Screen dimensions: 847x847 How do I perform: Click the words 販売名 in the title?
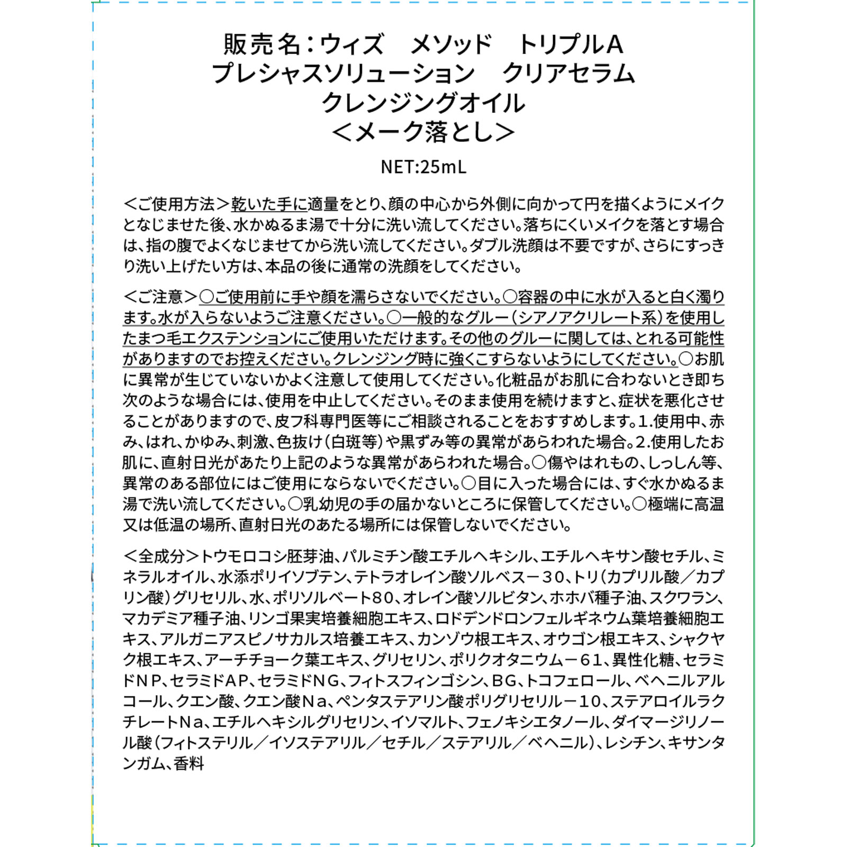(x=262, y=44)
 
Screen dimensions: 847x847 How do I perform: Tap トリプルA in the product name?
(x=570, y=44)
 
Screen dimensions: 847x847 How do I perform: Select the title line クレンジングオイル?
(x=424, y=103)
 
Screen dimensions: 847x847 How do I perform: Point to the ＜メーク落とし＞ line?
(x=424, y=132)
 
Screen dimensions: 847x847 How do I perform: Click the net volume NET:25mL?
(x=424, y=167)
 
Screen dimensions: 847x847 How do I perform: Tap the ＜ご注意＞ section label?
(x=161, y=297)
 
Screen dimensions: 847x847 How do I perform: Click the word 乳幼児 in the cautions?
(x=326, y=504)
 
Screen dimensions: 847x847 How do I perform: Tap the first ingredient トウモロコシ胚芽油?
(x=267, y=556)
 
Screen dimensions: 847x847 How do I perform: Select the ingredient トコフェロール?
(x=574, y=681)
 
